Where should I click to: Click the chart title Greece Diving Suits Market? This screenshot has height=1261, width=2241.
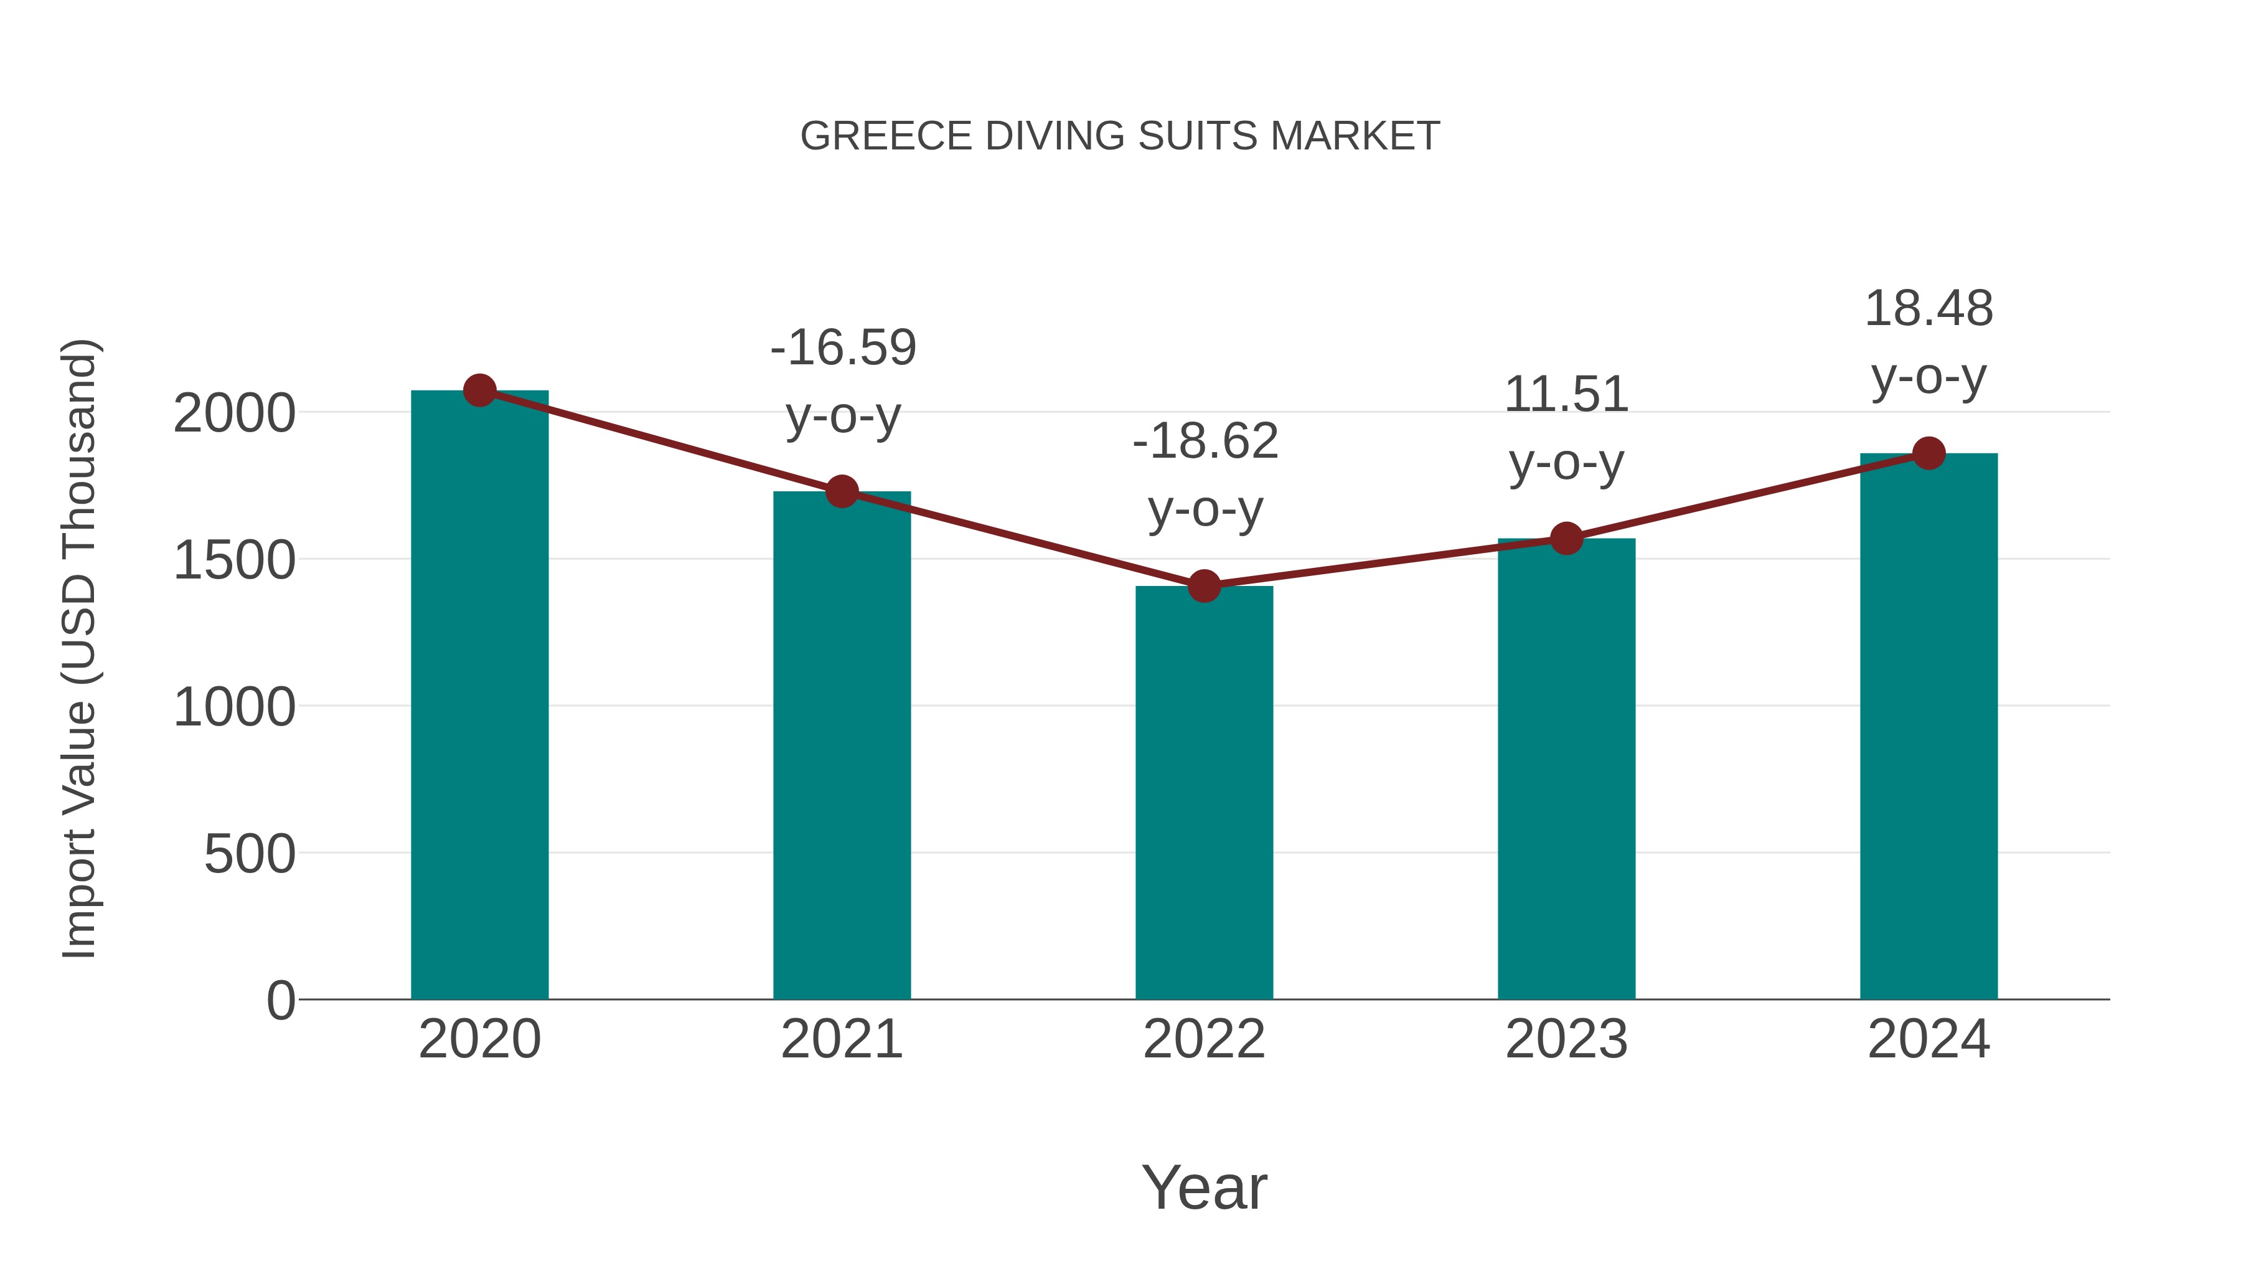[1120, 136]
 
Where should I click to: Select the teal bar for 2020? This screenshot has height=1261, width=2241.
[479, 696]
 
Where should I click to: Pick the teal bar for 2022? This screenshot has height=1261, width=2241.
[1204, 793]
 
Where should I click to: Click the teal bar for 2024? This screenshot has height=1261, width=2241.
[1929, 727]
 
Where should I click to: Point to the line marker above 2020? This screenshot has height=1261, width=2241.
[479, 390]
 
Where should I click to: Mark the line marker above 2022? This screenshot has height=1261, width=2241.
[1204, 587]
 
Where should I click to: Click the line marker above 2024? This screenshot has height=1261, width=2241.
[1929, 453]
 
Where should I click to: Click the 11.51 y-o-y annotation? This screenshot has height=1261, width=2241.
[1566, 428]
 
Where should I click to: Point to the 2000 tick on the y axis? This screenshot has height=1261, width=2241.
[234, 413]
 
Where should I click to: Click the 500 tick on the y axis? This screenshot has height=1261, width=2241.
[249, 854]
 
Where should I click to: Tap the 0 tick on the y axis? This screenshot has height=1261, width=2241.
[280, 1001]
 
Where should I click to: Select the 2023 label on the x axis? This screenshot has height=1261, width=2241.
[1566, 1039]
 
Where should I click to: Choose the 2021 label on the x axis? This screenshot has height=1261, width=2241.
[841, 1039]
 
